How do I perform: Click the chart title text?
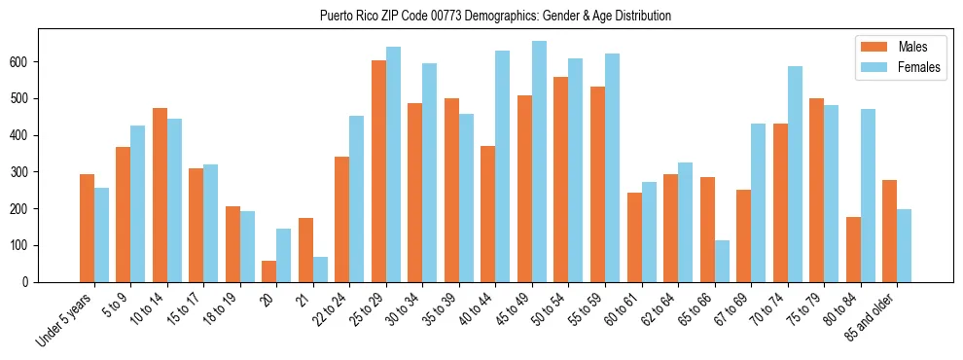coord(495,16)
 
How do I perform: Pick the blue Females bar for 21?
coord(320,270)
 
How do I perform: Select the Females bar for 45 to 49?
coord(539,162)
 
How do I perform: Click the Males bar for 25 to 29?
coord(378,171)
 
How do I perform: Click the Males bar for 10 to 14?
coord(160,195)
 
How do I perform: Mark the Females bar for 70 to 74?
coord(795,174)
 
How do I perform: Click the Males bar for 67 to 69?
coord(743,235)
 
